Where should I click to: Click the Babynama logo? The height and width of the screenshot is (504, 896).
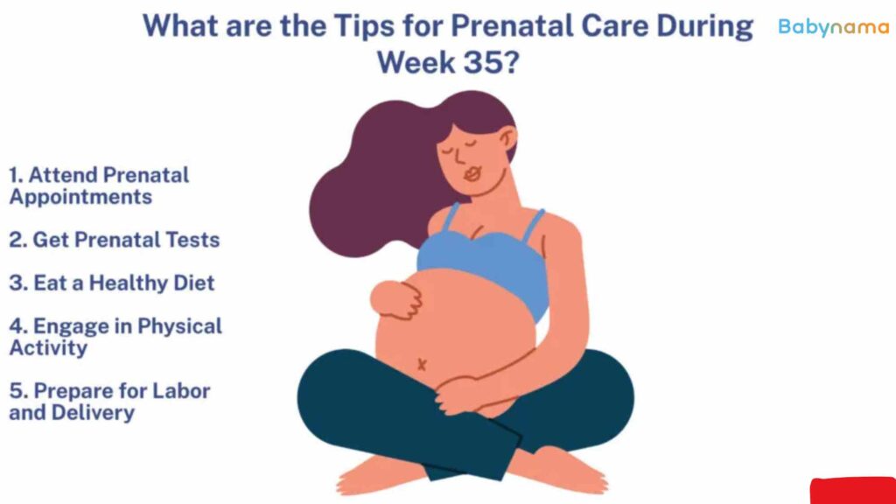click(834, 27)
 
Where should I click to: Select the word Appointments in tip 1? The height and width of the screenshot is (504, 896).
click(80, 198)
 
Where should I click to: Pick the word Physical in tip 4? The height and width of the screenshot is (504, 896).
click(179, 326)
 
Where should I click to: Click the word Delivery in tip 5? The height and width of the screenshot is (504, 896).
click(93, 413)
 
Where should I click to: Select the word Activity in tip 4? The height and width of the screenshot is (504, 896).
click(49, 348)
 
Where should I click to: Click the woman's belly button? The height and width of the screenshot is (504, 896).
click(422, 364)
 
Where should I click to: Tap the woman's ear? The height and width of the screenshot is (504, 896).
click(507, 139)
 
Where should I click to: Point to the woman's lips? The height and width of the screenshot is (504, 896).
click(472, 173)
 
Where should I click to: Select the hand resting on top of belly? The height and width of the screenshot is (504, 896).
click(396, 299)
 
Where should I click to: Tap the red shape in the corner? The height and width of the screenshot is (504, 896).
click(852, 491)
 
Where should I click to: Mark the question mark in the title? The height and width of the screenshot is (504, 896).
click(511, 62)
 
